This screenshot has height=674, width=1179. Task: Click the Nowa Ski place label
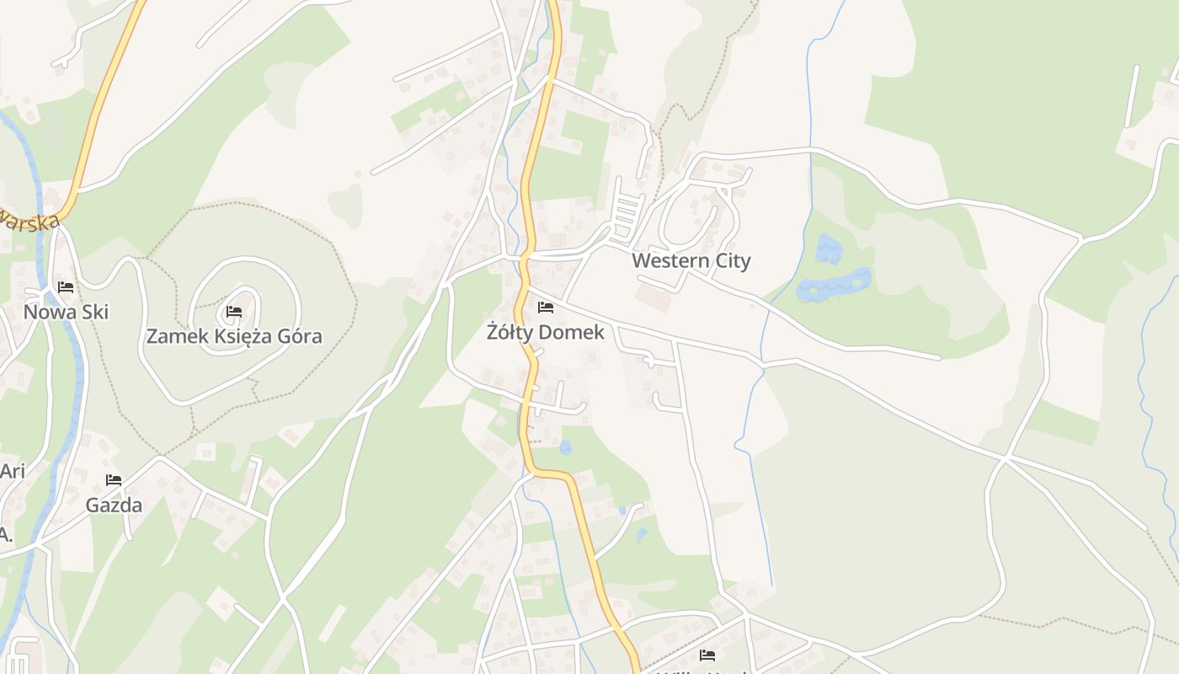click(x=66, y=313)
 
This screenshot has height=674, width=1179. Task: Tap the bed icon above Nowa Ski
click(x=66, y=287)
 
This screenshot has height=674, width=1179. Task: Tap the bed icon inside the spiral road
click(x=234, y=312)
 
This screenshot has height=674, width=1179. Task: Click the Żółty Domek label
click(x=545, y=333)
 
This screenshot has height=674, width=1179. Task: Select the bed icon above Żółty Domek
click(x=545, y=308)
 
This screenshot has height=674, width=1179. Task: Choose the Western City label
click(x=691, y=261)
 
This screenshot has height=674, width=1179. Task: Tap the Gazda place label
click(x=114, y=505)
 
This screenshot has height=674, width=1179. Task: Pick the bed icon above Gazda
click(x=114, y=480)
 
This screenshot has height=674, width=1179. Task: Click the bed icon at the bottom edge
click(x=707, y=655)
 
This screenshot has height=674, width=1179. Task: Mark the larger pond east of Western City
click(x=834, y=285)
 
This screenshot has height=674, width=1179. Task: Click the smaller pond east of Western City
click(x=829, y=249)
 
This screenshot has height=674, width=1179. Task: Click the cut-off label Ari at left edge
click(x=12, y=471)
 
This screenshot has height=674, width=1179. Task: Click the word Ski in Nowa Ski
click(x=94, y=313)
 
